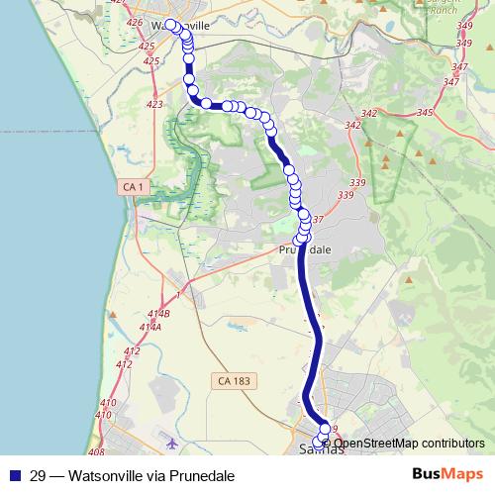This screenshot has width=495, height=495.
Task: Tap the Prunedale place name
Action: tap(304, 250)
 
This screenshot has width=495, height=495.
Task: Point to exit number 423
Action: tap(153, 104)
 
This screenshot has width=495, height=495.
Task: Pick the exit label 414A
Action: tap(150, 327)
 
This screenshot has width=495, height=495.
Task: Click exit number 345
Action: tap(426, 114)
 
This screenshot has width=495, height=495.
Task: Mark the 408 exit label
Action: tap(96, 451)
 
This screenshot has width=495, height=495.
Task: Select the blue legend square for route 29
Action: tap(14, 475)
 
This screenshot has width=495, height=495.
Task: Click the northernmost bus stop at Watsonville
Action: tap(170, 25)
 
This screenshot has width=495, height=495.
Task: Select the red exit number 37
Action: tap(318, 219)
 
